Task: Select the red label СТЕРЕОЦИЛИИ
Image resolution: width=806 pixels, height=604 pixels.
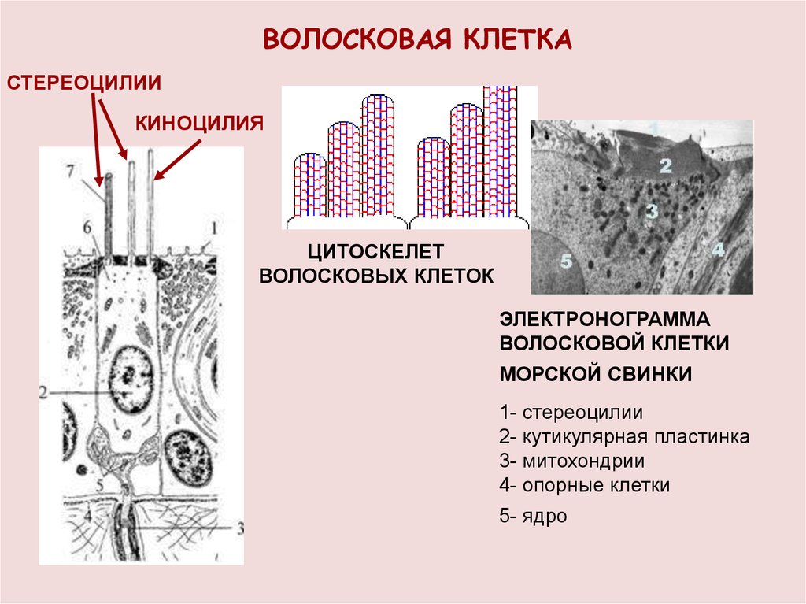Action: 84,83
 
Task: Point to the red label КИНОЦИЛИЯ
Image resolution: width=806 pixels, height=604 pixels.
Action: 198,122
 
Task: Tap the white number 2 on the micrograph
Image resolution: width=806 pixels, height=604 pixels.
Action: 665,166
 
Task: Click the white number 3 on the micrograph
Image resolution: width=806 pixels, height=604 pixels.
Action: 651,210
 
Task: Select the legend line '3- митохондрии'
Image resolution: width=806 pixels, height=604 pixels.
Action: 571,461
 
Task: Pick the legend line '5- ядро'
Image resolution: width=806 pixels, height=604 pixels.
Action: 532,517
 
